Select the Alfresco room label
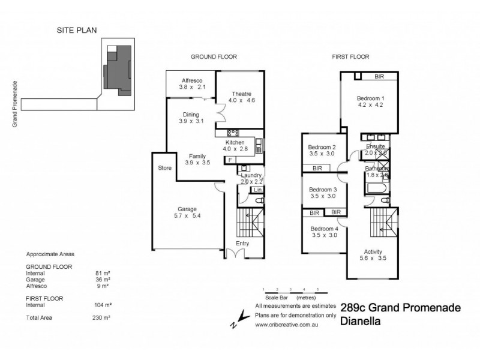pos(193,80)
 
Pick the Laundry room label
pos(251,175)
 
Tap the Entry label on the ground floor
pos(242,243)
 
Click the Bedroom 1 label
pos(370,98)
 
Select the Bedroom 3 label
pos(322,189)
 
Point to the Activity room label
pos(373,251)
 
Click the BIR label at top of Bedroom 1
pos(379,77)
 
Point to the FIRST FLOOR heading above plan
pos(350,57)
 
